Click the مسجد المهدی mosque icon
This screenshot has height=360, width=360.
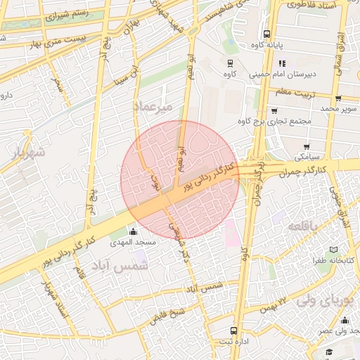point(134,231)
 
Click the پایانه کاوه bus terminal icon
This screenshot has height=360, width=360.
point(266,34)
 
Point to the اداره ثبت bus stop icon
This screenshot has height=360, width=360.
point(233,330)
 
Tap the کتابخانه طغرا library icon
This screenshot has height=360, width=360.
point(333,250)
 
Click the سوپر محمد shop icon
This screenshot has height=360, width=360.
point(338,98)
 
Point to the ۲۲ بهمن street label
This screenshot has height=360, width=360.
point(273,304)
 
